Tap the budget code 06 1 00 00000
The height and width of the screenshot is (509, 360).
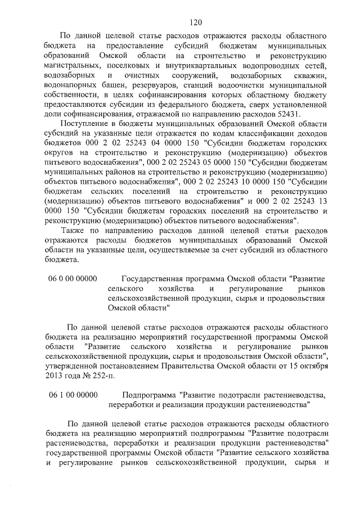click(x=73, y=395)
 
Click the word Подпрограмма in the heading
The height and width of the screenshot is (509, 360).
click(x=147, y=395)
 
